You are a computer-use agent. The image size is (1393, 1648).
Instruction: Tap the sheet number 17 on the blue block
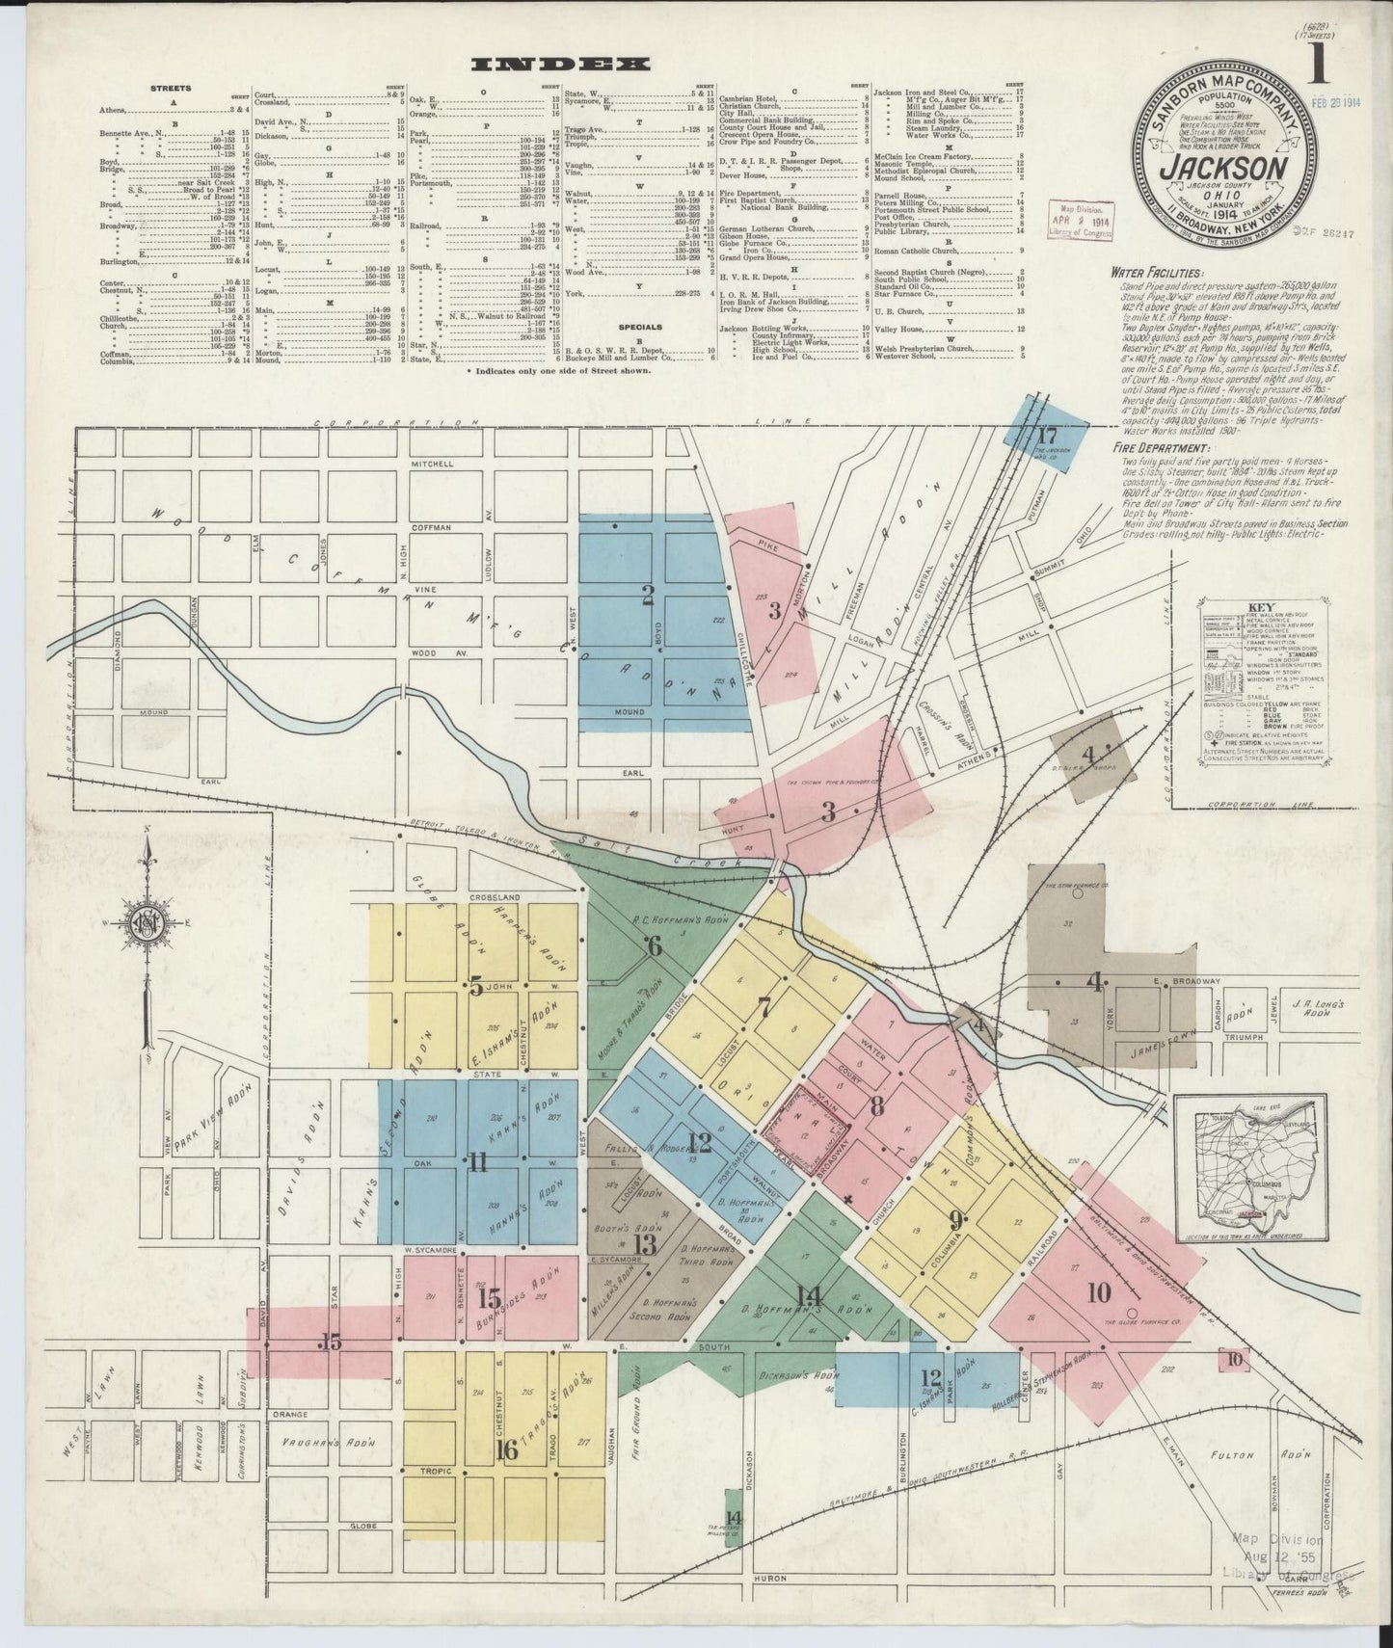click(1048, 434)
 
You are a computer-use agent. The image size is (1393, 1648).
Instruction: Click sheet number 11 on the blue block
click(477, 1163)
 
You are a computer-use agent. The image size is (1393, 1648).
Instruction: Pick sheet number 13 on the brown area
click(644, 1243)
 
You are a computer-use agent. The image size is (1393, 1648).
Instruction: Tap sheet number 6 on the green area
click(655, 945)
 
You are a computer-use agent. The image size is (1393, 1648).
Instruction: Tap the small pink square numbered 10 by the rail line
click(1235, 1360)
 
